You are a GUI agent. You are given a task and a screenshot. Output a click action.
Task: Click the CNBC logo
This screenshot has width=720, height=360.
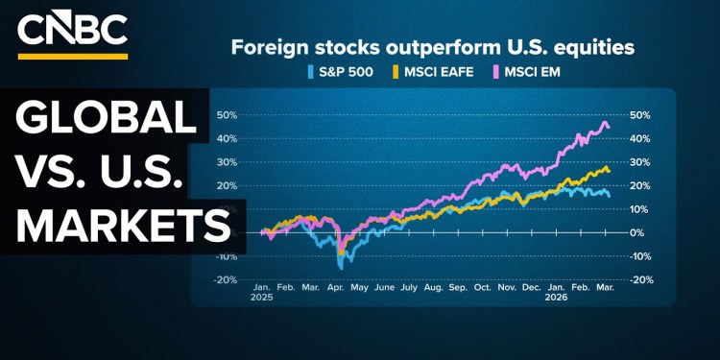click(72, 30)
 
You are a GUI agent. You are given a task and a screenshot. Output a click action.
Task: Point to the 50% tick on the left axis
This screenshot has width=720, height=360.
click(227, 115)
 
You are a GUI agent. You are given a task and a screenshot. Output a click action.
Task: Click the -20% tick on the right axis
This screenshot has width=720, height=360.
click(640, 279)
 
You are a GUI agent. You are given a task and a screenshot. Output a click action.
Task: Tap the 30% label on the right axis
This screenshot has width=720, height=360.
click(640, 162)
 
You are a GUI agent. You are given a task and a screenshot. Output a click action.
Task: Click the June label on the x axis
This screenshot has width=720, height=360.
click(384, 286)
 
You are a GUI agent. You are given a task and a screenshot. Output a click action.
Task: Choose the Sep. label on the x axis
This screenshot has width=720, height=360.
click(457, 286)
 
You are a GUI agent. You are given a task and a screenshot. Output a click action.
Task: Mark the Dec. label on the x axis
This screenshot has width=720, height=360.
click(531, 286)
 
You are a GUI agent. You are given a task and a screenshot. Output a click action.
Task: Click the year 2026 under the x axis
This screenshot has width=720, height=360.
click(556, 298)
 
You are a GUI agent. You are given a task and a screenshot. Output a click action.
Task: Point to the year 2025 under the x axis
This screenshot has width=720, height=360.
click(262, 298)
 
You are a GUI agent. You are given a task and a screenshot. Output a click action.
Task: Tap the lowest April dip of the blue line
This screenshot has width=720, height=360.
click(341, 267)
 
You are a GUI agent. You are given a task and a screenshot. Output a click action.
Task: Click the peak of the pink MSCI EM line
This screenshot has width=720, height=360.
click(605, 122)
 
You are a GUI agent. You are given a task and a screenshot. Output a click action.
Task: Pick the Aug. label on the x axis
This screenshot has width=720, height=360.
click(433, 286)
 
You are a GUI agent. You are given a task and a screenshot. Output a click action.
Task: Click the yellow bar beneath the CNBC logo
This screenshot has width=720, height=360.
click(72, 56)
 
